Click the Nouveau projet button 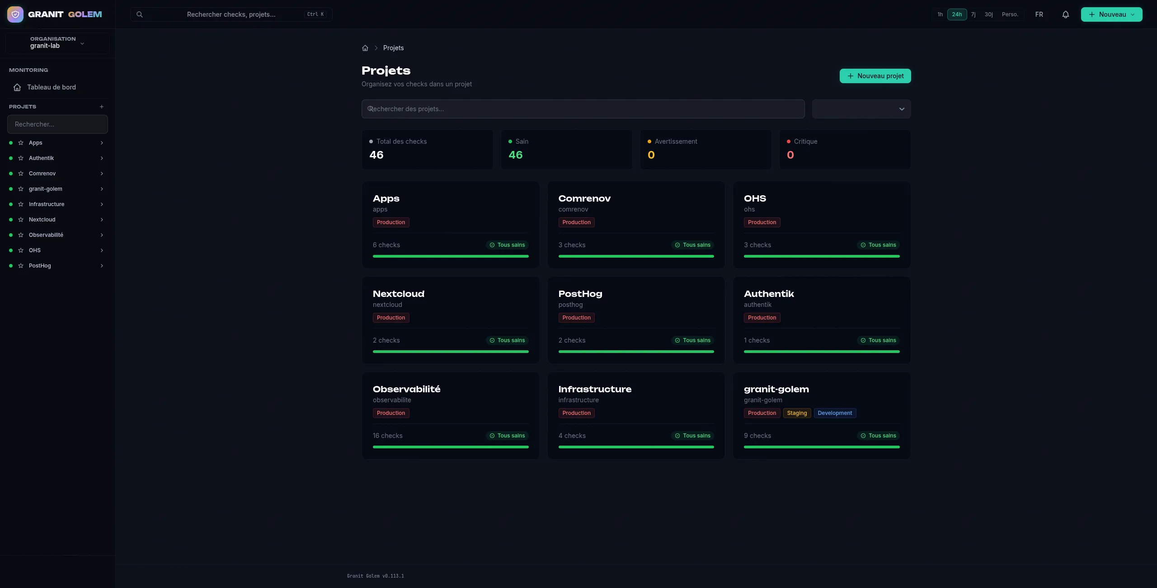[875, 76]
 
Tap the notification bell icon [1065, 14]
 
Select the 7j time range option [973, 14]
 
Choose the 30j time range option [989, 14]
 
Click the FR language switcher [1039, 14]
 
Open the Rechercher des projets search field [583, 109]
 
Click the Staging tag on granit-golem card [797, 413]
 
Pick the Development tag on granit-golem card [835, 413]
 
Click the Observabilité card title [406, 389]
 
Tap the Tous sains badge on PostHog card [692, 340]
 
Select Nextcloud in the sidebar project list [42, 220]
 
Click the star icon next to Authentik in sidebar [21, 158]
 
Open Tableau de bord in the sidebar [51, 87]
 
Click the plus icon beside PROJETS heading [102, 107]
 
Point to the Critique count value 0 [790, 155]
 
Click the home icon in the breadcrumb [365, 48]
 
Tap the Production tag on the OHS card [762, 222]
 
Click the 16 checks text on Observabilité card [387, 436]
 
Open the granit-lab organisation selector [57, 43]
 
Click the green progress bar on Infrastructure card [636, 447]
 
